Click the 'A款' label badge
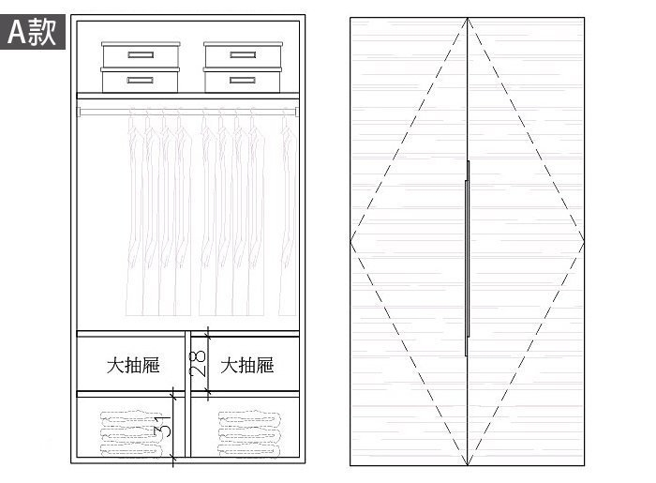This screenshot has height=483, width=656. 33,32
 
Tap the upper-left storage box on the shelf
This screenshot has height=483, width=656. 140,56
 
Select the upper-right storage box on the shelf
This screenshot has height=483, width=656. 243,56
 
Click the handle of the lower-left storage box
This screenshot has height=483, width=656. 140,82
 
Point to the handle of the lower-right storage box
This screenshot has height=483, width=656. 243,82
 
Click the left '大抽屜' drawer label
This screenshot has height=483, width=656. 131,365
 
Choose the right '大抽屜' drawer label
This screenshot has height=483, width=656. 246,365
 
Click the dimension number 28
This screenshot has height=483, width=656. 198,363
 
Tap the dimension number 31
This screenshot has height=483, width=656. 164,428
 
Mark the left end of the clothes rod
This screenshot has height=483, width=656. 81,112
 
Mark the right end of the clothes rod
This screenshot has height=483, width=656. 295,112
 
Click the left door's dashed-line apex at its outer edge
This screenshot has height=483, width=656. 351,242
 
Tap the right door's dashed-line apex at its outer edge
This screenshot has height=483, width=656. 584,242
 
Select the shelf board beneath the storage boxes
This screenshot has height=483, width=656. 187,95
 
